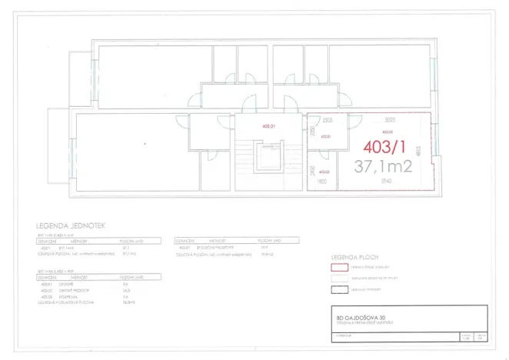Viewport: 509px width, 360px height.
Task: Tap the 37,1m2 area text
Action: coord(384,165)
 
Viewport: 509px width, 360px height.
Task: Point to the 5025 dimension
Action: coord(390,120)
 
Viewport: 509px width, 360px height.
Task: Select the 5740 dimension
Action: coord(386,181)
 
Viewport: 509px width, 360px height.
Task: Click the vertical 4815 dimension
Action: coord(418,152)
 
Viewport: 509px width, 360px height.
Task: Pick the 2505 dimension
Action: coord(328,120)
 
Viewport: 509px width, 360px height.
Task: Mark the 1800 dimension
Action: coord(323,181)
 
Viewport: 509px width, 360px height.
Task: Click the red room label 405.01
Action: coord(268,125)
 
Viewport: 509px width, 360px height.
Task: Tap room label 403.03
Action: coord(324,172)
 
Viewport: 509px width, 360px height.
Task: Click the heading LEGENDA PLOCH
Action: coord(352,256)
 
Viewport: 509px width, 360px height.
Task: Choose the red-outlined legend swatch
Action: coord(339,267)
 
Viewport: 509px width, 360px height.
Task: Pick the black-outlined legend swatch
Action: coord(339,290)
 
